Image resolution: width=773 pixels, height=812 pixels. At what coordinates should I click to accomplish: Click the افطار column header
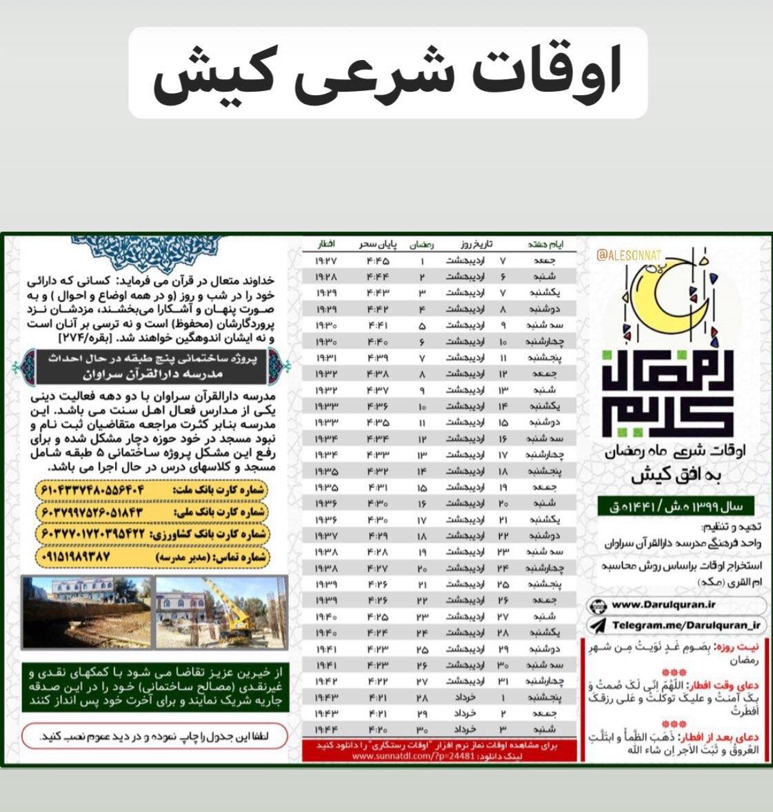point(325,245)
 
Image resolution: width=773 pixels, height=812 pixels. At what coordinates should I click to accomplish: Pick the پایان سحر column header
point(378,245)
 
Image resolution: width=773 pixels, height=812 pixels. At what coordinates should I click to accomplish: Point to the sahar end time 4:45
point(378,261)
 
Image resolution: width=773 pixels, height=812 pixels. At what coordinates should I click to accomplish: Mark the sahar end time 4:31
point(378,487)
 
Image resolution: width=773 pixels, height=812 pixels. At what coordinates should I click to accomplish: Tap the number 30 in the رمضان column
point(422,729)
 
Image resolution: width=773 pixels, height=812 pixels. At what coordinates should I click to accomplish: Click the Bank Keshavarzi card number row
point(151,534)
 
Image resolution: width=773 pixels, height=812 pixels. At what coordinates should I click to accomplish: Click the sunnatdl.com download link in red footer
point(396,755)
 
